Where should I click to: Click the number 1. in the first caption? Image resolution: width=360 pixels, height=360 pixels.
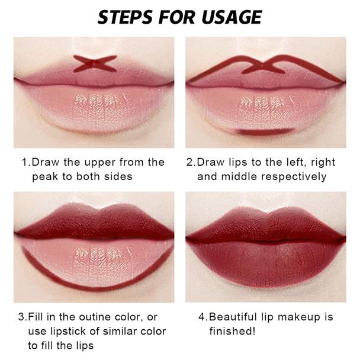(25, 162)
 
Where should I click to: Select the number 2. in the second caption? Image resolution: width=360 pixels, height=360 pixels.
(190, 162)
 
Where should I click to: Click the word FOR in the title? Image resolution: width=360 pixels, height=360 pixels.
(177, 17)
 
